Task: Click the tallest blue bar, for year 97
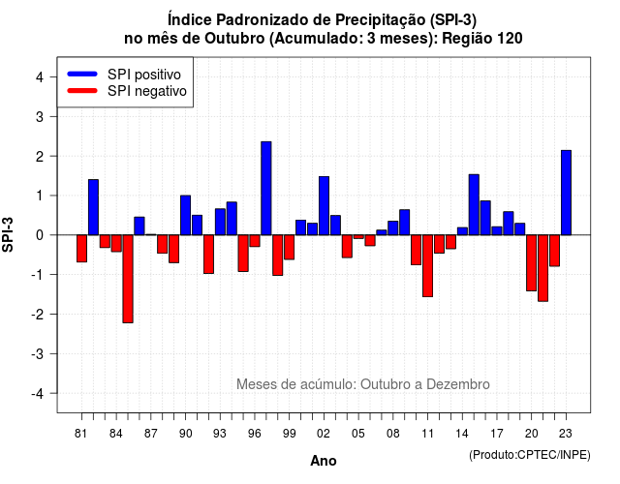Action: [266, 188]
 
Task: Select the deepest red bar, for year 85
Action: [128, 279]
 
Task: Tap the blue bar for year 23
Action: [566, 193]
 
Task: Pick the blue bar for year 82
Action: [93, 207]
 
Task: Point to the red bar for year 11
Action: [427, 266]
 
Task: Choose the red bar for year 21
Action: [542, 268]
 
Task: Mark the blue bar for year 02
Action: [324, 206]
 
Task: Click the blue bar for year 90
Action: [185, 215]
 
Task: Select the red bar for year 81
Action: [81, 249]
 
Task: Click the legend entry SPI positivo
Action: [144, 75]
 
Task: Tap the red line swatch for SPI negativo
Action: [82, 91]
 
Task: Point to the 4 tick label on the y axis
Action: [40, 77]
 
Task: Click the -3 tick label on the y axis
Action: [37, 353]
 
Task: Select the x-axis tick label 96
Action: [255, 434]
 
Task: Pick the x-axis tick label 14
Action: [462, 434]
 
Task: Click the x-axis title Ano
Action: [324, 461]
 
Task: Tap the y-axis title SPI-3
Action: [8, 234]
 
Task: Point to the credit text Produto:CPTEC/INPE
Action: [530, 455]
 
